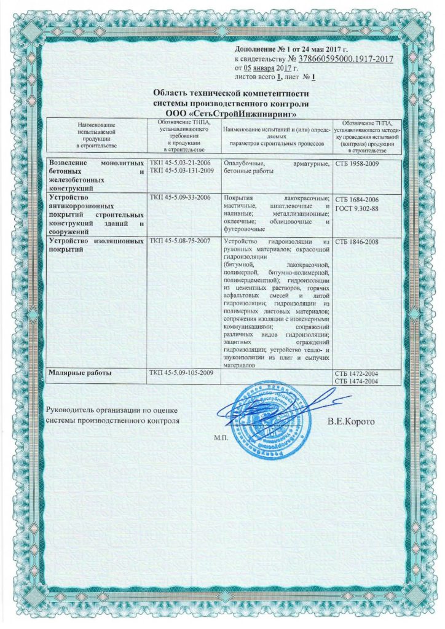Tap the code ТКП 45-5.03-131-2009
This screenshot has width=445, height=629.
point(182,170)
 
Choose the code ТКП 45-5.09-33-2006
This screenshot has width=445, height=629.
point(180,198)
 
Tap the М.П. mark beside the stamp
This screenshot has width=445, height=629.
point(221,439)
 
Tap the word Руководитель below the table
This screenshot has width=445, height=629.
point(75,410)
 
